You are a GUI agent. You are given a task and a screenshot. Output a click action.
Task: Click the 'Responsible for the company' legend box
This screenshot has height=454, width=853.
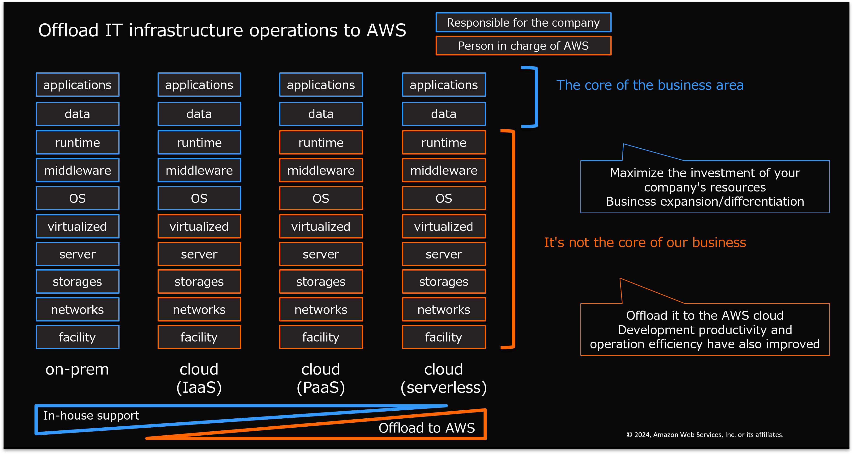[x=523, y=22]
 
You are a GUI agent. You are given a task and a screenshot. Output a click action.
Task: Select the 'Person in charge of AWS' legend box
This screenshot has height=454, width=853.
[x=523, y=46]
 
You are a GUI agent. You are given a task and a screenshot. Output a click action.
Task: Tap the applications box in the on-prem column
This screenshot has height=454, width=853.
[x=77, y=85]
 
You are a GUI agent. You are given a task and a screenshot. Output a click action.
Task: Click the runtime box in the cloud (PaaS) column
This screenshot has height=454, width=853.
[x=321, y=142]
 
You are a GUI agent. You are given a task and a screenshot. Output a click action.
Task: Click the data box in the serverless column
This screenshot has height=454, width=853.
[x=444, y=114]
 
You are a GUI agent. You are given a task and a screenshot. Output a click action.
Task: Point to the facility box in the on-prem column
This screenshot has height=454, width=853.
[x=77, y=337]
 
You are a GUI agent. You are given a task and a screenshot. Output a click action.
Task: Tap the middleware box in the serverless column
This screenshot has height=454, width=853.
[x=444, y=170]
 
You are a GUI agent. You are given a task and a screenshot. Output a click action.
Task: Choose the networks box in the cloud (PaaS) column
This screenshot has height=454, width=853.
[x=321, y=309]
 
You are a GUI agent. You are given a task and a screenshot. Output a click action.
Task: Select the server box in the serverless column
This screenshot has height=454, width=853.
[x=444, y=254]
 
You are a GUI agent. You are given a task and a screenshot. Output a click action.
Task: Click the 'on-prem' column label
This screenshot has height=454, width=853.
[x=77, y=370]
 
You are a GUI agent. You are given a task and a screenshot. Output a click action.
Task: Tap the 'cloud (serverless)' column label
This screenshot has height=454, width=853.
[x=444, y=378]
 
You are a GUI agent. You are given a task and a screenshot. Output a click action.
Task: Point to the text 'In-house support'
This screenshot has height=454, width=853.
[x=91, y=416]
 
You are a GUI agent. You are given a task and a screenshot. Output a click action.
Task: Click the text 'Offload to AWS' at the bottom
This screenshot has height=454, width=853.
[x=427, y=428]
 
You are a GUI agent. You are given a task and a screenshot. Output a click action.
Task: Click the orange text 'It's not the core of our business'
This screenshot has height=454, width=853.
[x=645, y=242]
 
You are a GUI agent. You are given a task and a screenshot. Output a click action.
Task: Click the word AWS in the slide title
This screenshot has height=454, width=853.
[x=386, y=30]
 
